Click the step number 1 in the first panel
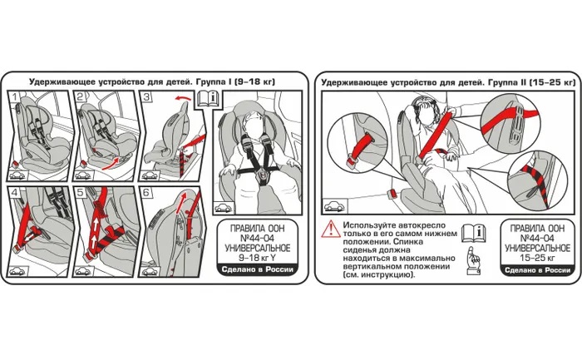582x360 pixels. tap(14, 97)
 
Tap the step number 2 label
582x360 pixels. tap(81, 97)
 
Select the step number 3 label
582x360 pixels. tap(147, 97)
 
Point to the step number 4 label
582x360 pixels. tap(15, 193)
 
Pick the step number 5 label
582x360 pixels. tap(81, 193)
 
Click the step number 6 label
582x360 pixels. tap(146, 193)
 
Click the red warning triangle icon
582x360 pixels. tap(329, 229)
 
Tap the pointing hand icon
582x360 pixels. tap(473, 260)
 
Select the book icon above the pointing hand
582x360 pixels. tap(473, 233)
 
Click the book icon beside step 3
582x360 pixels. tap(208, 98)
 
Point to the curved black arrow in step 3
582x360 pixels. tap(184, 98)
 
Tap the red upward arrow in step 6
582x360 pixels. tap(180, 203)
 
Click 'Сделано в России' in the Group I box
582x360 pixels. tap(257, 270)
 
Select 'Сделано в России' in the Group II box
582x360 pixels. tap(537, 270)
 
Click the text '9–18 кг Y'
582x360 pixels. tap(257, 258)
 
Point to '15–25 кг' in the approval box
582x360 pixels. tap(537, 258)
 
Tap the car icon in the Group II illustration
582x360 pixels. tap(335, 206)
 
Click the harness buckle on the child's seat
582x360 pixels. tap(263, 174)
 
